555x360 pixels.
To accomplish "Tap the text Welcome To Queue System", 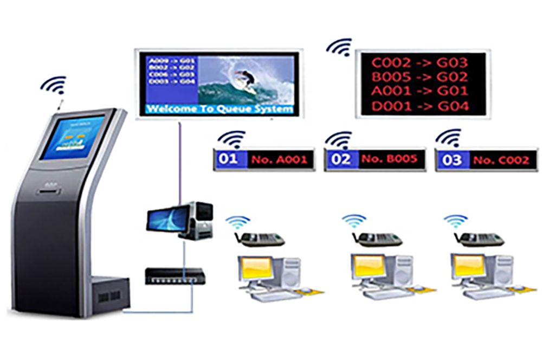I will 220,109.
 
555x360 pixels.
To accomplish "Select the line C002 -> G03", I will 419,62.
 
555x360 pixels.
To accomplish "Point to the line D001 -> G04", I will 419,106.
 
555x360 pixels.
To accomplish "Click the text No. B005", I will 389,159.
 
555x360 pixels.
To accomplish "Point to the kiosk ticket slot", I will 49,191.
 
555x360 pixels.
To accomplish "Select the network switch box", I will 174,276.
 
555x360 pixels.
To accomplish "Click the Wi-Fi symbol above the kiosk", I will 54,85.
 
